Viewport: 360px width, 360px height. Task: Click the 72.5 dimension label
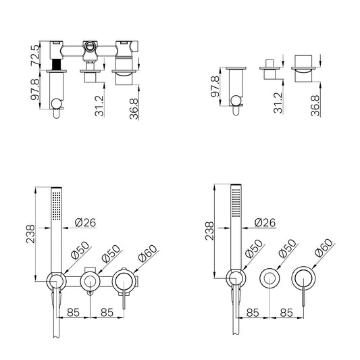(x=35, y=55)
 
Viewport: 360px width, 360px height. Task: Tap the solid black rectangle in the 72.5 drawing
(x=57, y=65)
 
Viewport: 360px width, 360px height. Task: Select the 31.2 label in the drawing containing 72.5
(x=99, y=106)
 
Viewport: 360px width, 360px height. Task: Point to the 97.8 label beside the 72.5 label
(x=35, y=89)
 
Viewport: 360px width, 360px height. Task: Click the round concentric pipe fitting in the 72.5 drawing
(x=90, y=46)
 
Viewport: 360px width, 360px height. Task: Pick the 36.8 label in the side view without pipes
(x=315, y=105)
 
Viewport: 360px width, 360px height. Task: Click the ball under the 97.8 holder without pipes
(x=236, y=101)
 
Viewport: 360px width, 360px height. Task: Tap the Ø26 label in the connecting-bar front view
(x=85, y=222)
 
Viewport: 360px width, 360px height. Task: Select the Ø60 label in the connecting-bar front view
(x=148, y=253)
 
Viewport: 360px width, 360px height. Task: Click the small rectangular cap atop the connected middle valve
(x=90, y=269)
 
